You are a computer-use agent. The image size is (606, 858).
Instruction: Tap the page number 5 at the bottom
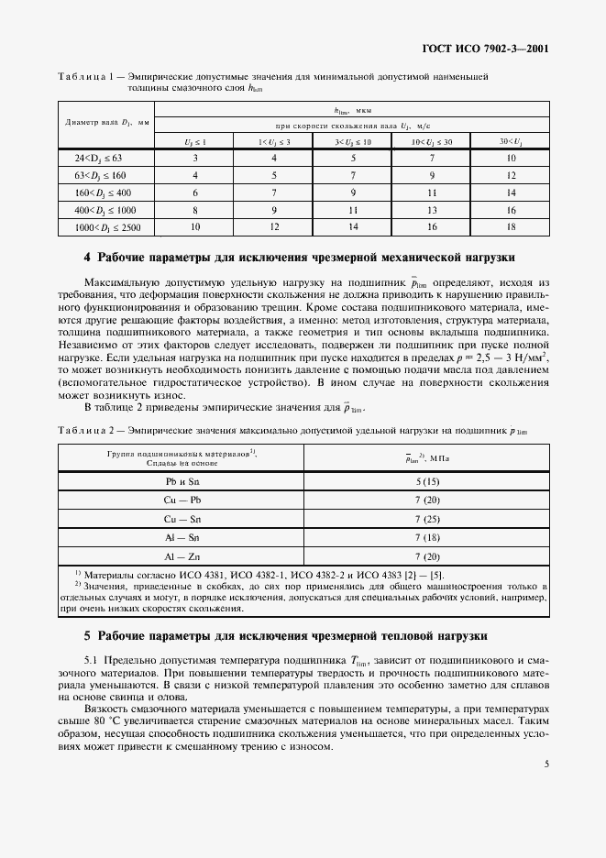pyautogui.click(x=545, y=762)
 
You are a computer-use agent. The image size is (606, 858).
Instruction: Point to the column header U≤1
pyautogui.click(x=194, y=141)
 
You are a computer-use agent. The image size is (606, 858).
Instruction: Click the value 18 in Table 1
pyautogui.click(x=511, y=225)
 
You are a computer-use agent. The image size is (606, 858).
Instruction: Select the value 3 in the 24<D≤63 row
pyautogui.click(x=194, y=159)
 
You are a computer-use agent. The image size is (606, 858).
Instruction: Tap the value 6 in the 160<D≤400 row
pyautogui.click(x=194, y=192)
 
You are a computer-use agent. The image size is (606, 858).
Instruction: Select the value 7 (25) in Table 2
pyautogui.click(x=427, y=518)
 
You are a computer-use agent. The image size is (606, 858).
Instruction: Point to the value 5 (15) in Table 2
pyautogui.click(x=427, y=480)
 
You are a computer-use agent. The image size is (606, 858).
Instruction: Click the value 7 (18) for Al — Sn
pyautogui.click(x=427, y=537)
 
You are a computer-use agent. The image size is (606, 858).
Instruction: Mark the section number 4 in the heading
pyautogui.click(x=88, y=258)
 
